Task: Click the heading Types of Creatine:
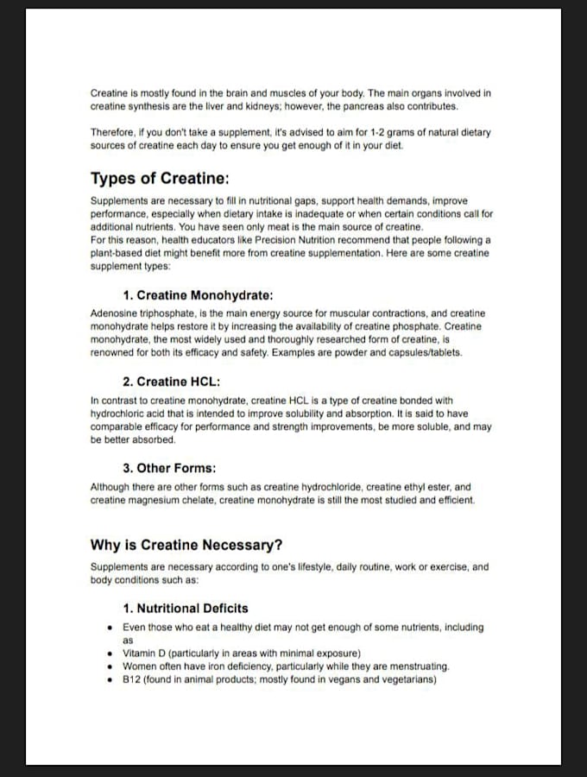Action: click(x=160, y=179)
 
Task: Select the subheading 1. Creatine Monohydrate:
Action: click(x=199, y=294)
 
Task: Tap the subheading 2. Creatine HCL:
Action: click(x=172, y=382)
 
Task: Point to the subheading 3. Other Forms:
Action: click(x=169, y=468)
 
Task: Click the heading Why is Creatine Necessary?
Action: click(x=186, y=545)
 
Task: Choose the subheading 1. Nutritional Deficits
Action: click(x=186, y=608)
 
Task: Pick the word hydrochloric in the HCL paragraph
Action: click(x=122, y=413)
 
